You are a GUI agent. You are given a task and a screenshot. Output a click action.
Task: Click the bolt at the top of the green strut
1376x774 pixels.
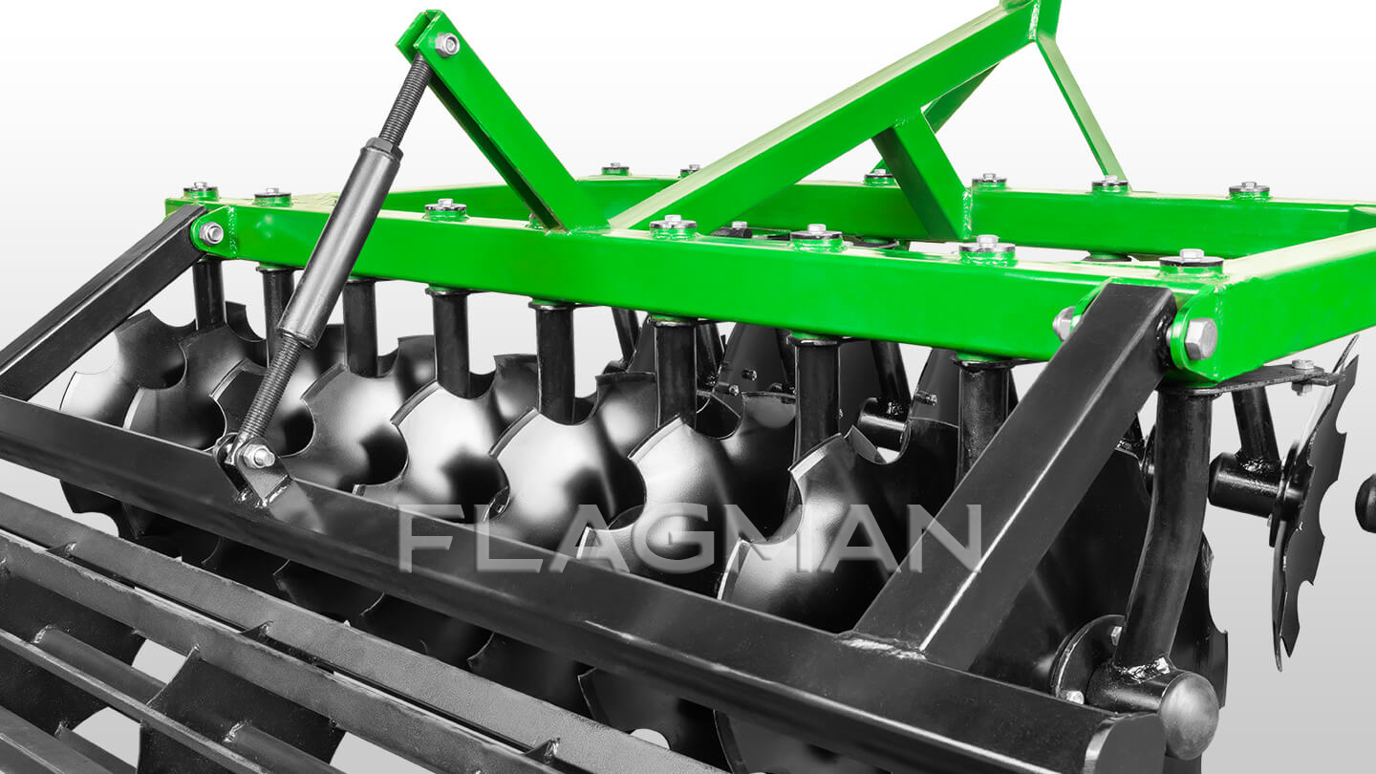[x=446, y=44]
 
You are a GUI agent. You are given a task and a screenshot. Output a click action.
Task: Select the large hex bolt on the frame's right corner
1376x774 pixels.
[x=1199, y=339]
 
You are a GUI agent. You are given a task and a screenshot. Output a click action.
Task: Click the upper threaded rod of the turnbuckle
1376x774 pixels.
[x=405, y=98]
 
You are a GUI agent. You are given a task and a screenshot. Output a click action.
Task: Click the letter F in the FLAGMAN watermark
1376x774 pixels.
[x=431, y=538]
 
